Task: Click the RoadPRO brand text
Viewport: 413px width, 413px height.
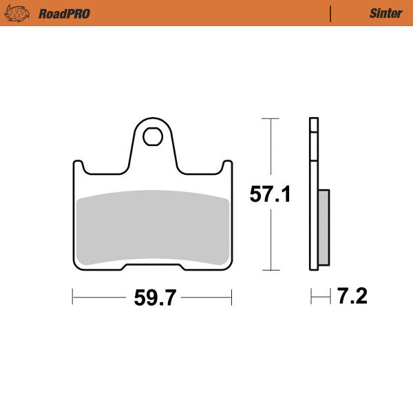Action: (64, 13)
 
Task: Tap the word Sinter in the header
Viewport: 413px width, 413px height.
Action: (385, 13)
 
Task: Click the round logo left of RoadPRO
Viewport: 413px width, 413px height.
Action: (21, 13)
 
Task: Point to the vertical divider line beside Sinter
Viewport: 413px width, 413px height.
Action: (331, 13)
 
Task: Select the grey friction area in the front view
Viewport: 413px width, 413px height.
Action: (152, 227)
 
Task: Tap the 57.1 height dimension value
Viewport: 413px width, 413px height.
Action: (270, 195)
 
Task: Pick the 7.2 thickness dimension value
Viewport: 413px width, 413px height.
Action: (352, 297)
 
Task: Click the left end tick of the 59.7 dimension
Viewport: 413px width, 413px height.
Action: (73, 297)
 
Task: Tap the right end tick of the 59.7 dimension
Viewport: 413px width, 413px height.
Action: (231, 297)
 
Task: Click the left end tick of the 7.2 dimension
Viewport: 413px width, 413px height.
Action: (311, 297)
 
